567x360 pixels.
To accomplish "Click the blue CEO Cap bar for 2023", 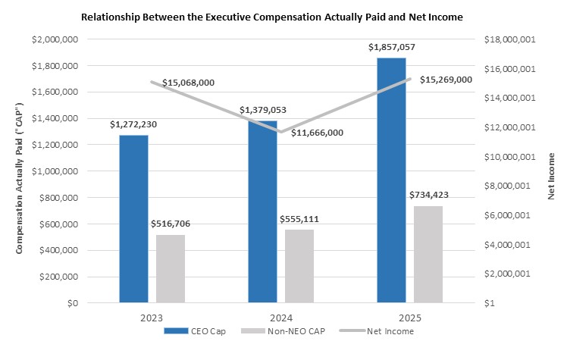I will coord(133,219).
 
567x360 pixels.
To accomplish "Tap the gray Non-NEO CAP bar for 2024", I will coord(299,266).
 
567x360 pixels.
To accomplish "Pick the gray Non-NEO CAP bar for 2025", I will coord(428,255).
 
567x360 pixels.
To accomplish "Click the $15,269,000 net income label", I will coord(446,79).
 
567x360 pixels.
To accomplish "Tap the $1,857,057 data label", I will coord(391,47).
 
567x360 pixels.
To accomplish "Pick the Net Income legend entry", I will coord(384,331).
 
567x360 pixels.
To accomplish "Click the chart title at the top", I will coord(283,16).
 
